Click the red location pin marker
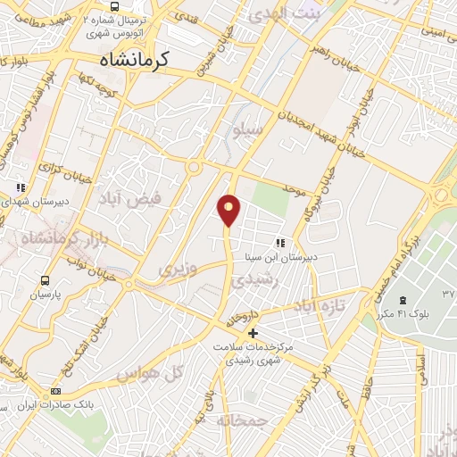(229, 209)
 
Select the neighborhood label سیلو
(249, 130)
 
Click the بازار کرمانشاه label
(50, 239)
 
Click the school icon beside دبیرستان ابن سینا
(280, 242)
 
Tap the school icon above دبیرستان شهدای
(20, 187)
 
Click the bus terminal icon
(113, 8)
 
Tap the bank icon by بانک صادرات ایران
(57, 391)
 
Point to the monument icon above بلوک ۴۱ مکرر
(402, 299)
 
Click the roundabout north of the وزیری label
(193, 167)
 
